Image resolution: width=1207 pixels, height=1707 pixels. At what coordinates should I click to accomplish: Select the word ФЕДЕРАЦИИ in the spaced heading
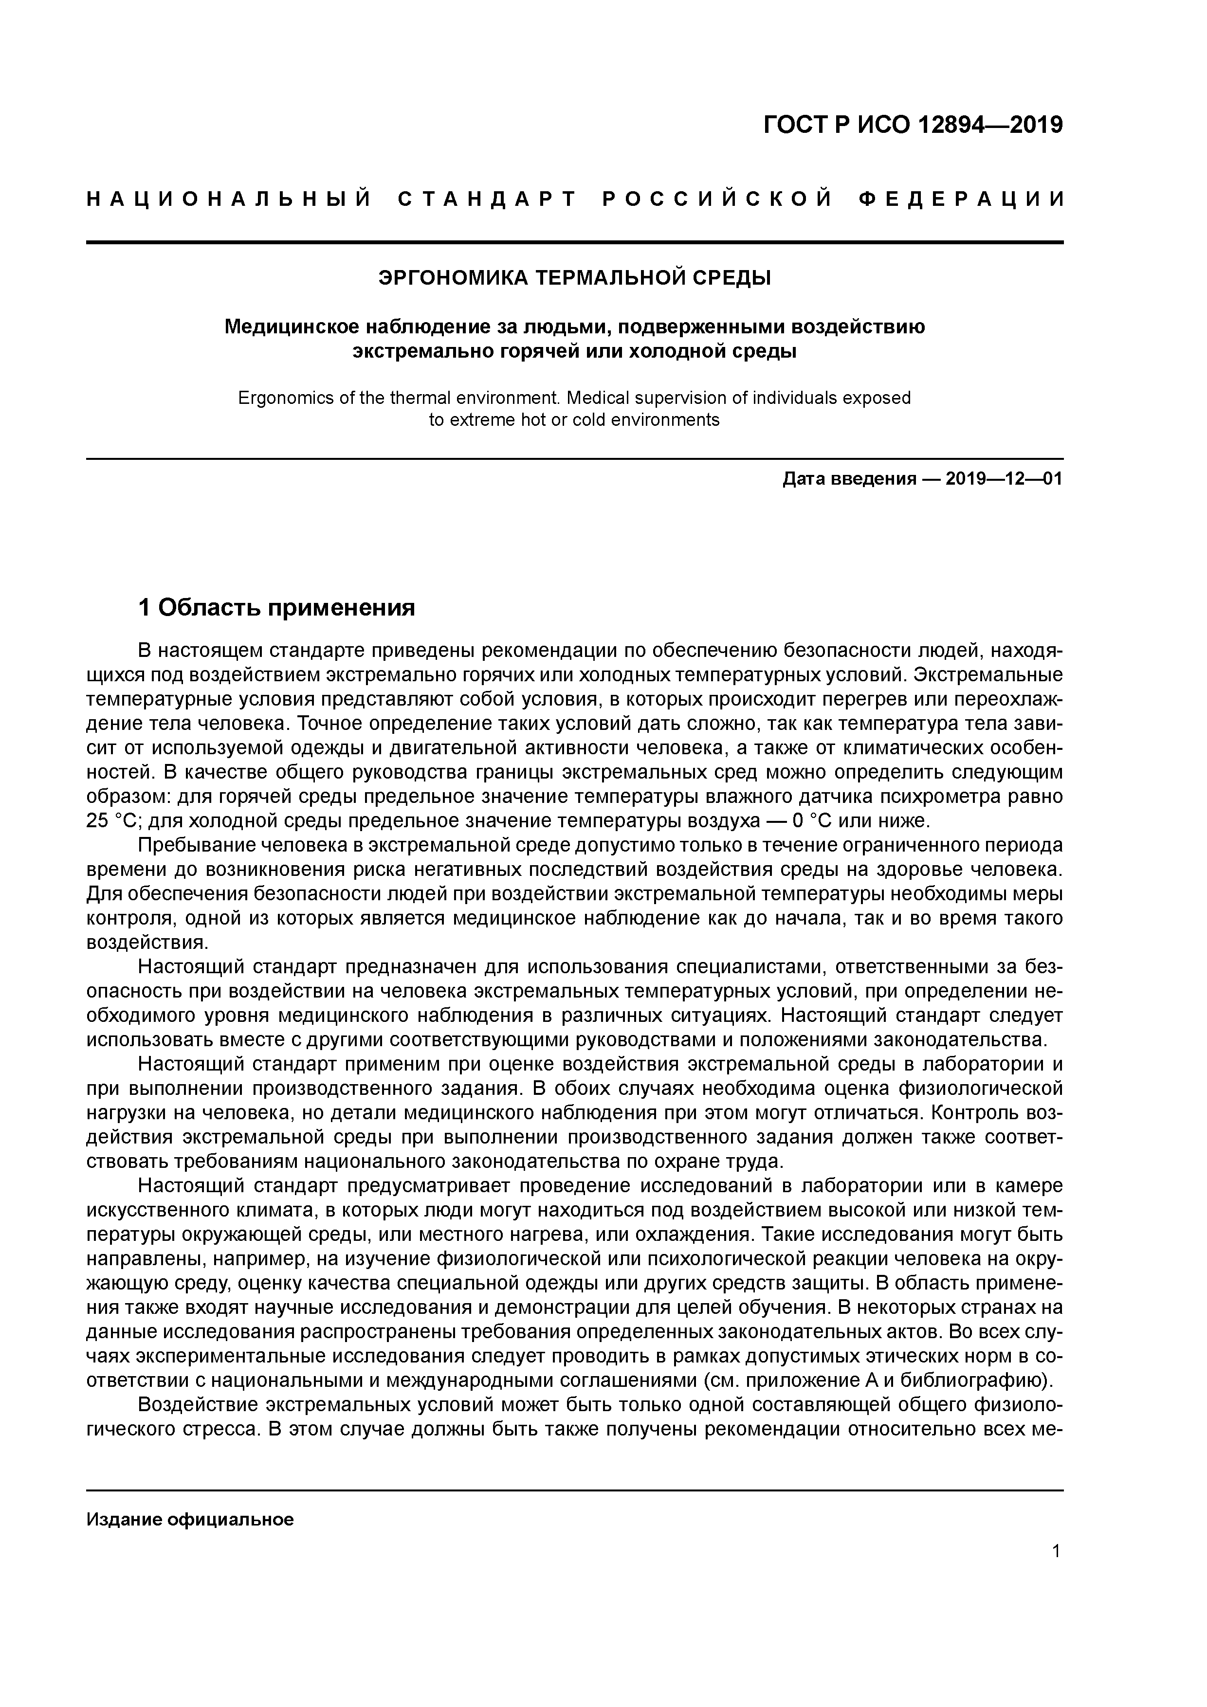coord(961,199)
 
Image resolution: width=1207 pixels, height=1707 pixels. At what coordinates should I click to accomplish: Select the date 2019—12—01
coord(1004,479)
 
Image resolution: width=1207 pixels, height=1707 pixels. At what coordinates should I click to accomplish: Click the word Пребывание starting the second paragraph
coord(200,845)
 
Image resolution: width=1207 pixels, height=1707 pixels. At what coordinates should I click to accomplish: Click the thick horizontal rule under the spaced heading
coord(575,242)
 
